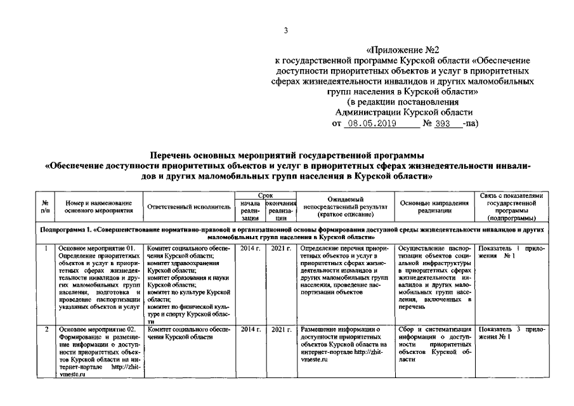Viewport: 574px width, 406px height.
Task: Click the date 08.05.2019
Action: [x=369, y=124]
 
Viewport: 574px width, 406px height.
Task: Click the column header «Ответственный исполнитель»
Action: [x=189, y=207]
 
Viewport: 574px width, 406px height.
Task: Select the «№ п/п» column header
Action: [x=44, y=207]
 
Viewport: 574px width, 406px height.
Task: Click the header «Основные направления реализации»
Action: [x=434, y=207]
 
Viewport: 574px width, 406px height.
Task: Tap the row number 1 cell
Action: [x=44, y=249]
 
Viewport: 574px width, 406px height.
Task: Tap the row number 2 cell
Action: [x=44, y=330]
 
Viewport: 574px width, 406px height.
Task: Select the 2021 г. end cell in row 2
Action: [x=280, y=330]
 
